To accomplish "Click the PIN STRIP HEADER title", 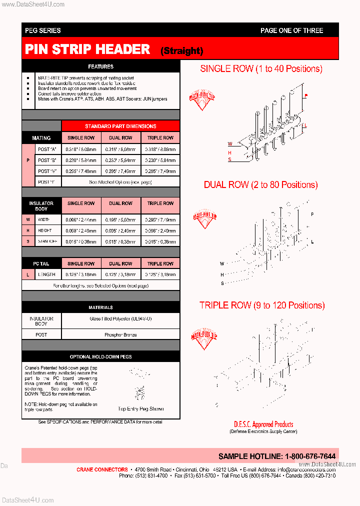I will [x=87, y=49].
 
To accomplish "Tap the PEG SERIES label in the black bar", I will [x=42, y=30].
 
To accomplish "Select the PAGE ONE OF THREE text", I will [x=291, y=30].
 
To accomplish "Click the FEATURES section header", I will [x=100, y=66].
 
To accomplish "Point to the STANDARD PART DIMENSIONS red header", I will [x=120, y=126].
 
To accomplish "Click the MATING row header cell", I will [x=41, y=138].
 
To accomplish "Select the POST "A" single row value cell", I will [x=81, y=149].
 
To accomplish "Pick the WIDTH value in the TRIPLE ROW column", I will [x=160, y=219].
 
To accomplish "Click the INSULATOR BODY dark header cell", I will [x=41, y=206].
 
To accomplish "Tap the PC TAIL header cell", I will [x=41, y=263].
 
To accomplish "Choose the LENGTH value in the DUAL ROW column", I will [x=120, y=274].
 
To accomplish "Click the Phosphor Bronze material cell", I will [x=120, y=334].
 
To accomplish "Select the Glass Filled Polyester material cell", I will [x=120, y=318].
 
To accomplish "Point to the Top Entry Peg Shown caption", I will [x=140, y=409].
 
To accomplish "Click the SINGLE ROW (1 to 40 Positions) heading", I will [x=261, y=69].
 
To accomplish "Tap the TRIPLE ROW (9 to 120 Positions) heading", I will [x=261, y=305].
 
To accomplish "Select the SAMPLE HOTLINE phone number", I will [x=276, y=456].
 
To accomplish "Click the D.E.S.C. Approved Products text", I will [x=263, y=424].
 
